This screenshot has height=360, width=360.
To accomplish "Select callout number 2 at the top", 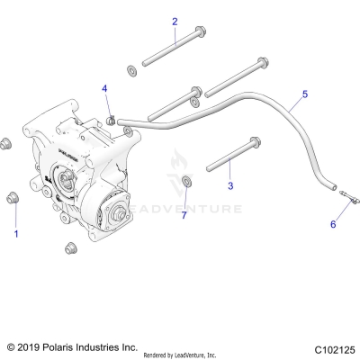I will [x=175, y=22].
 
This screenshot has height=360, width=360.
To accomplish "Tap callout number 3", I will [x=229, y=185].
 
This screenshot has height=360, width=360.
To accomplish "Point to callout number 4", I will [x=104, y=88].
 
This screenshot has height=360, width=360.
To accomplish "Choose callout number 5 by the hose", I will [x=304, y=94].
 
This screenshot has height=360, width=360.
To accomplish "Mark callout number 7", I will [x=184, y=215].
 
